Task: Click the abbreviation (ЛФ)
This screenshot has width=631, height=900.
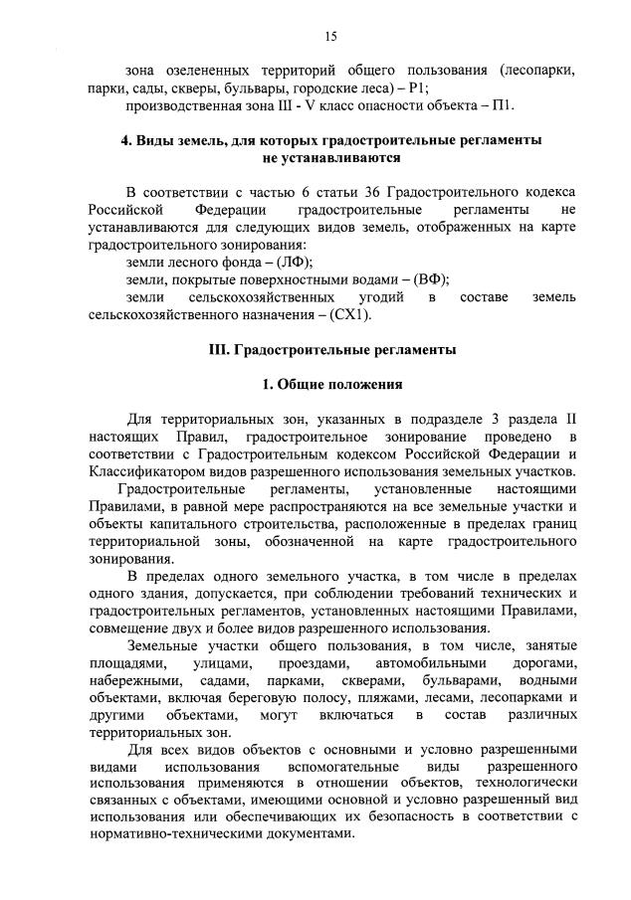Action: tap(290, 264)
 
